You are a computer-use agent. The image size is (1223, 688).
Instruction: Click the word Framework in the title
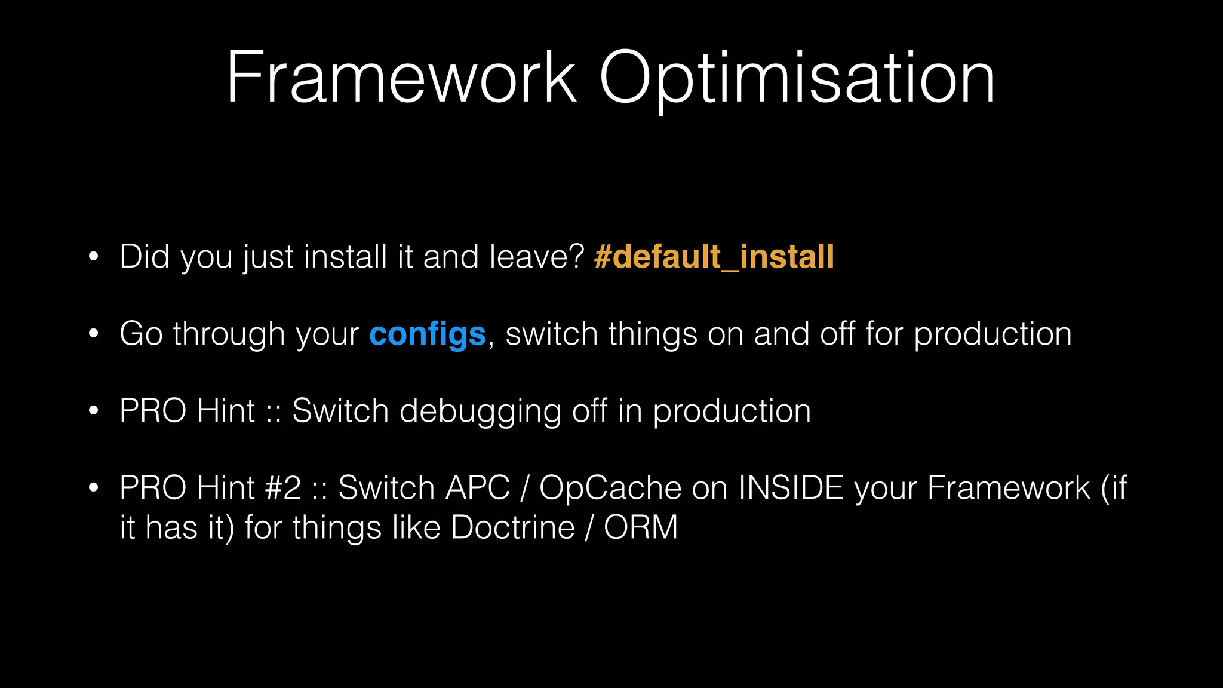(x=401, y=79)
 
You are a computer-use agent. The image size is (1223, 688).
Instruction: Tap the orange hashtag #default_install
(x=714, y=257)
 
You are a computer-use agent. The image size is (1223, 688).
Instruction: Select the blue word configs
(x=428, y=334)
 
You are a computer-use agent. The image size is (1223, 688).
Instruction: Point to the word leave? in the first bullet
(x=537, y=257)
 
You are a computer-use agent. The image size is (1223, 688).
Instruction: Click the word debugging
(x=480, y=411)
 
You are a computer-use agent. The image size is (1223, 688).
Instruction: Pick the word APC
(x=477, y=488)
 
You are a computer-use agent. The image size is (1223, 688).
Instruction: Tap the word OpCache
(x=610, y=488)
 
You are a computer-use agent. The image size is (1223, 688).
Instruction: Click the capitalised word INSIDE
(x=791, y=488)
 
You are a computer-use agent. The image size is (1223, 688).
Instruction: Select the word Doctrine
(x=513, y=527)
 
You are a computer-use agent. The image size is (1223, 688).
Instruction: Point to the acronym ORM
(x=641, y=527)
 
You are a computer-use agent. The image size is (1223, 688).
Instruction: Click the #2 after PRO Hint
(x=283, y=488)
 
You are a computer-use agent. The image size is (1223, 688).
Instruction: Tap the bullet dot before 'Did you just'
(x=93, y=257)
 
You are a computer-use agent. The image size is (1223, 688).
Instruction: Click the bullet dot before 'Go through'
(x=93, y=334)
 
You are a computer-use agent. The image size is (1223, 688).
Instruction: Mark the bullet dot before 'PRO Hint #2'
(x=93, y=488)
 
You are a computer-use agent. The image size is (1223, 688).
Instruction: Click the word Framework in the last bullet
(x=1009, y=488)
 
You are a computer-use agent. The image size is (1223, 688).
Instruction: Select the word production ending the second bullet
(x=992, y=334)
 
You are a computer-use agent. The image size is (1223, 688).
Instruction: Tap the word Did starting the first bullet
(x=145, y=257)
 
